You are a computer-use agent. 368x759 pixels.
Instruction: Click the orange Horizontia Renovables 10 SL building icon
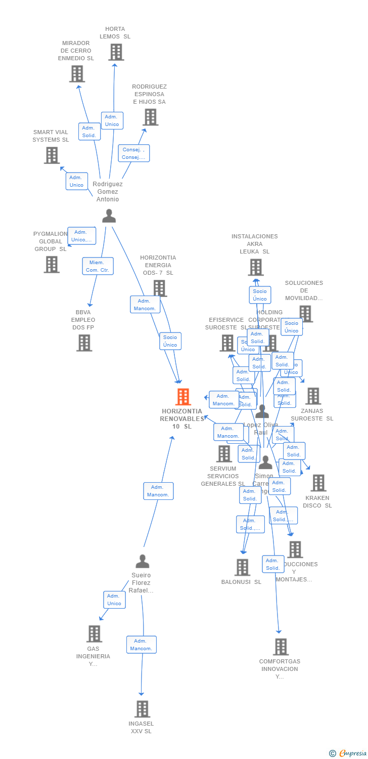tap(183, 397)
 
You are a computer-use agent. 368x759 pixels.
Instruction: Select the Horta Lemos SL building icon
tap(116, 52)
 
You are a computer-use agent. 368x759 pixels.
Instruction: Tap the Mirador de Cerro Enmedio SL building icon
tap(77, 74)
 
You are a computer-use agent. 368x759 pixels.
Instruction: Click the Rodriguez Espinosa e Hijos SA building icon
tap(150, 117)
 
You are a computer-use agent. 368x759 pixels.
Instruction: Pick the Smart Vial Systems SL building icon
tap(52, 155)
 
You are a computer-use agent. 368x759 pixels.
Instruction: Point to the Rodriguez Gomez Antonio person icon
tap(109, 216)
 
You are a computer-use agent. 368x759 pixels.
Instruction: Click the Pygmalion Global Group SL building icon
tap(51, 264)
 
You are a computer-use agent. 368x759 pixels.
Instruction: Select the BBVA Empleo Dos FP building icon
tap(84, 343)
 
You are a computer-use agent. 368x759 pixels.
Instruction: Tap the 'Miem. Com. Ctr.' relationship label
tap(98, 266)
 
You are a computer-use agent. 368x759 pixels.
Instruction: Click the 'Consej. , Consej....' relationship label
tap(134, 153)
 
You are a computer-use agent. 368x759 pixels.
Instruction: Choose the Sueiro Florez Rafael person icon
tap(143, 561)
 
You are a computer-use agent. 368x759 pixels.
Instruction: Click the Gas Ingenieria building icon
tap(94, 634)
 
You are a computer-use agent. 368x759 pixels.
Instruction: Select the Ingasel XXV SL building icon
tap(143, 709)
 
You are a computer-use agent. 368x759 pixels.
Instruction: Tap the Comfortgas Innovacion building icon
tap(281, 647)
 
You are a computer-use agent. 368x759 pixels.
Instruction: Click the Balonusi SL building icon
tap(242, 567)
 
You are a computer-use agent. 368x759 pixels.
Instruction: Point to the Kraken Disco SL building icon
tap(318, 483)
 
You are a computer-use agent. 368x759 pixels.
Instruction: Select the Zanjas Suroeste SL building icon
tap(313, 396)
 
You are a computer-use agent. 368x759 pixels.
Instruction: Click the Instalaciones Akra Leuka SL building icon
tap(256, 267)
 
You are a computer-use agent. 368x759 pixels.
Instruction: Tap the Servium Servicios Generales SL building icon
tap(224, 454)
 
